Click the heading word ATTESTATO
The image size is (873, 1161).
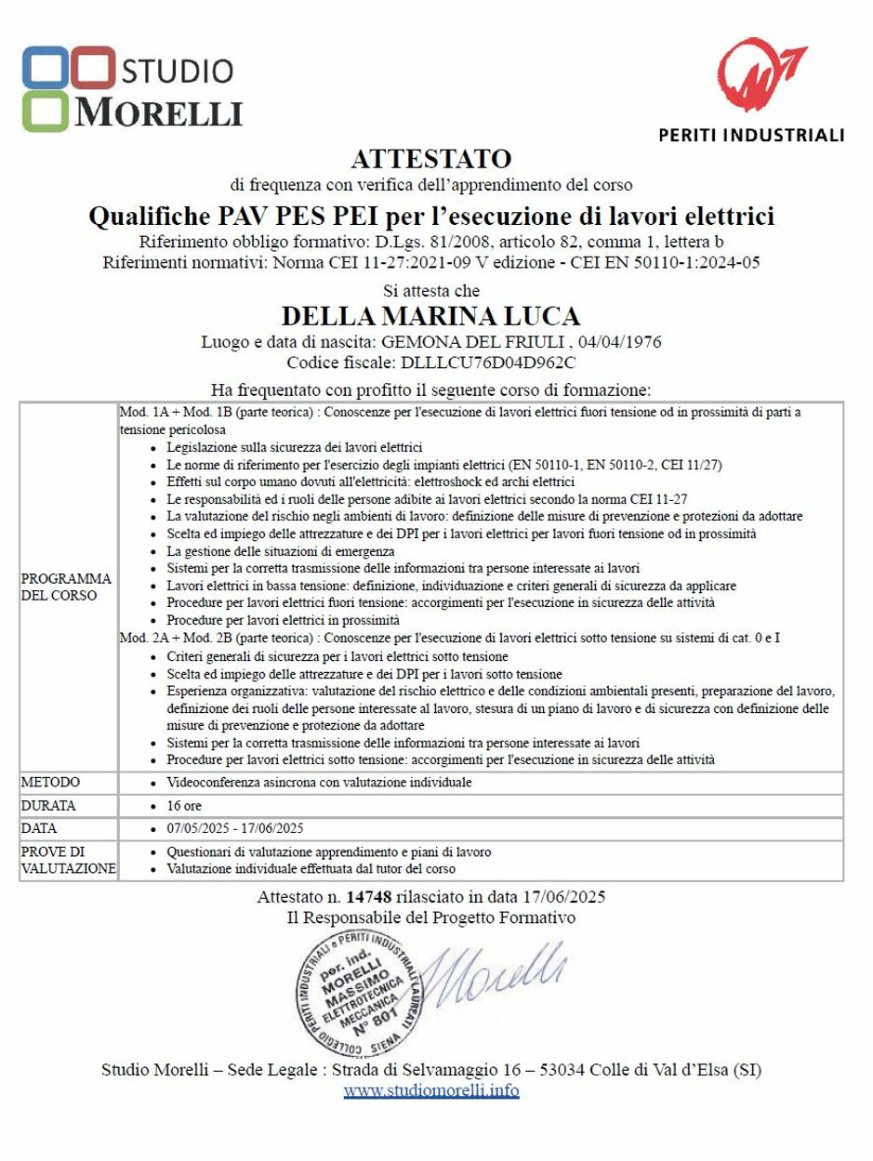tap(430, 157)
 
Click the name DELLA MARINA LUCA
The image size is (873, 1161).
tap(430, 315)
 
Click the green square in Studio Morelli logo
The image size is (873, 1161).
tap(45, 111)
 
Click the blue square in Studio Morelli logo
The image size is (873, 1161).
tap(45, 67)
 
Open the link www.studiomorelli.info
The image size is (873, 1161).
tap(430, 1090)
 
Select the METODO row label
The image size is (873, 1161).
tap(50, 783)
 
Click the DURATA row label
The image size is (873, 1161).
tap(48, 806)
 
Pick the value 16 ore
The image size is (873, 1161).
tap(183, 806)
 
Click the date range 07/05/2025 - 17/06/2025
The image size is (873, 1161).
tap(234, 828)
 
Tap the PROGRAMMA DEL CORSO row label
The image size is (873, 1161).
tap(65, 587)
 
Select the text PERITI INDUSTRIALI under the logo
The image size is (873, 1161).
tap(751, 135)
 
